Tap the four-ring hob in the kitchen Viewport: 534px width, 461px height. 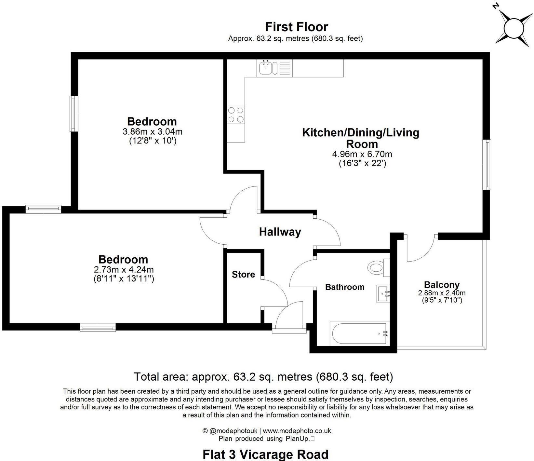(x=236, y=115)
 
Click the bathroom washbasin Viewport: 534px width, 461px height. (x=383, y=294)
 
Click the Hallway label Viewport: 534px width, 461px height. (x=280, y=232)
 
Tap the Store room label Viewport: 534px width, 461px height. (x=243, y=274)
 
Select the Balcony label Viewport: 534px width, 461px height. (x=442, y=285)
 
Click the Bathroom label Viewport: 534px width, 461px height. (x=345, y=287)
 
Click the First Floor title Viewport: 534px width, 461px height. (x=297, y=26)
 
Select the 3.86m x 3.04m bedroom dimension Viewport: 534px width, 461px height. (x=152, y=132)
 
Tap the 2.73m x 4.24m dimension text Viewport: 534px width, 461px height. (x=124, y=270)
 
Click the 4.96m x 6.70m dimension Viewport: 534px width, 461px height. (x=362, y=154)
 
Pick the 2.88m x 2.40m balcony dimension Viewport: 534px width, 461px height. (x=442, y=293)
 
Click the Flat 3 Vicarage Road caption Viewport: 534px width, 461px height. (x=265, y=454)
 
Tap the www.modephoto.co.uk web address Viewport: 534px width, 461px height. (x=297, y=431)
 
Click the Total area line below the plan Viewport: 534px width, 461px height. (x=264, y=377)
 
